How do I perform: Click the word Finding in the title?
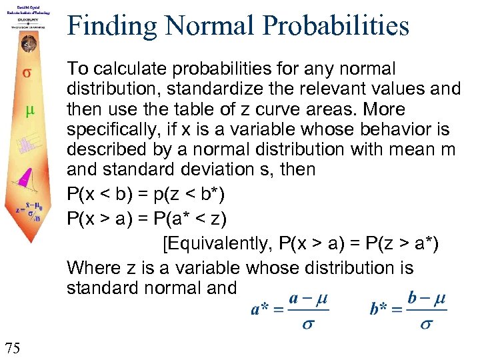tap(110, 27)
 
